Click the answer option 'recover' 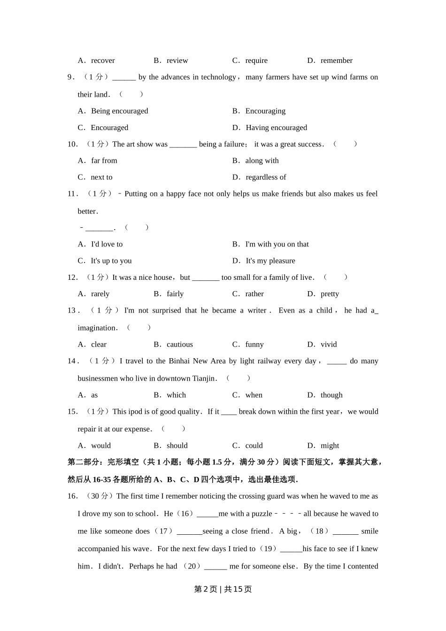[x=103, y=61]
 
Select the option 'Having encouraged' [x=276, y=128]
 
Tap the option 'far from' [x=104, y=161]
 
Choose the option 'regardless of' [x=266, y=177]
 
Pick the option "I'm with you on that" [x=277, y=244]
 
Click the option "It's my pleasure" [x=270, y=261]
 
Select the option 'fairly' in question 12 [x=175, y=294]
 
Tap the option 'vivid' [x=329, y=345]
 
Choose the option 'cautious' [x=180, y=345]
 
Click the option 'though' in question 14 [x=331, y=395]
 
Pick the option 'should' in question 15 [x=177, y=446]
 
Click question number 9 [x=71, y=77]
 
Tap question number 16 [x=72, y=496]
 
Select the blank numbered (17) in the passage [x=189, y=531]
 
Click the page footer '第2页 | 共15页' [x=223, y=589]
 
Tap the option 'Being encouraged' [x=119, y=111]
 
